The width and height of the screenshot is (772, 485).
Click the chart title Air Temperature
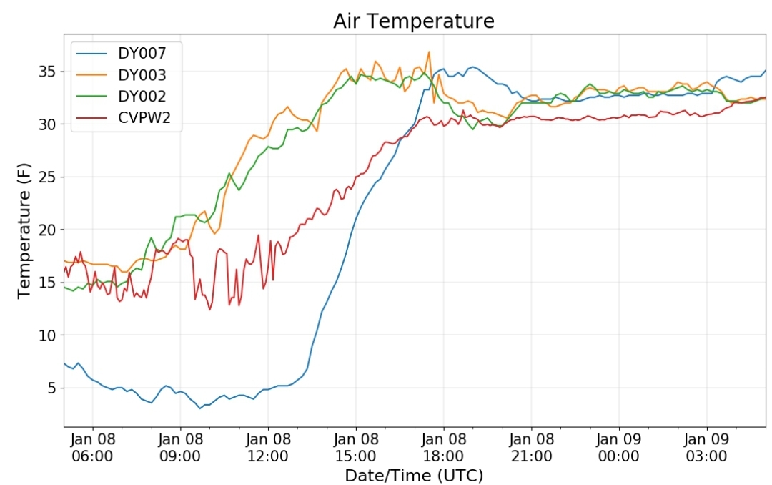click(414, 21)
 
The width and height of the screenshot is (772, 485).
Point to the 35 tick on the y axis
click(48, 72)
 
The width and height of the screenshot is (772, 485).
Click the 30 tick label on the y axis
click(48, 124)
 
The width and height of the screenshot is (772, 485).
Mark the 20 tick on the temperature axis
click(48, 230)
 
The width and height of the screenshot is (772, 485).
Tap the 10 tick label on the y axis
click(48, 335)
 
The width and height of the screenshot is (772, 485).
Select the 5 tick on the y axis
click(52, 388)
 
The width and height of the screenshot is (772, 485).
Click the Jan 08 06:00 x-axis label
click(92, 448)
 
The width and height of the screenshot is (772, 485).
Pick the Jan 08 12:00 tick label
click(268, 448)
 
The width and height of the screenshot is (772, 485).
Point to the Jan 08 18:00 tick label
click(444, 448)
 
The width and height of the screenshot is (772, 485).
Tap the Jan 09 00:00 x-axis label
click(619, 448)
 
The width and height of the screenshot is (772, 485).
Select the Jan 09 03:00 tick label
click(706, 448)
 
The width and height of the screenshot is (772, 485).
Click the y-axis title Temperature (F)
click(24, 230)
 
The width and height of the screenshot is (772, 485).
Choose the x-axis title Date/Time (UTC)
click(414, 476)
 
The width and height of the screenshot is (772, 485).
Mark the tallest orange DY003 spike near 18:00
click(429, 52)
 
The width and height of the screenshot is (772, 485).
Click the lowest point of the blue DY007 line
click(200, 408)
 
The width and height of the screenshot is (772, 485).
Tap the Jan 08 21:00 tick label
click(531, 448)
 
